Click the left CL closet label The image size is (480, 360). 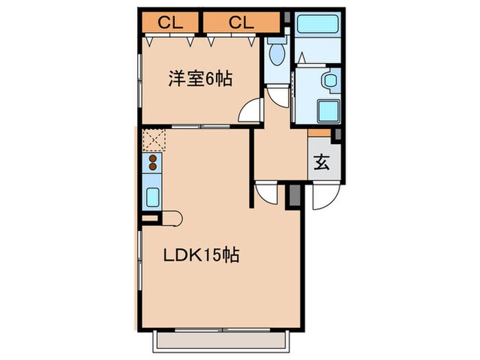click(x=171, y=23)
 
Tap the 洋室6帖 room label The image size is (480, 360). click(x=200, y=79)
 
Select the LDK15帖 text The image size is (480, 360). click(x=200, y=256)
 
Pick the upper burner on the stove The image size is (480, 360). click(x=153, y=160)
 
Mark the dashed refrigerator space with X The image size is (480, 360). click(x=153, y=141)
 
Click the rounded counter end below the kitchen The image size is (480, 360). click(x=173, y=219)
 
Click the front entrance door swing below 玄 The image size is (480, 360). click(x=320, y=198)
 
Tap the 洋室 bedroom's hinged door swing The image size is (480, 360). click(x=252, y=111)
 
